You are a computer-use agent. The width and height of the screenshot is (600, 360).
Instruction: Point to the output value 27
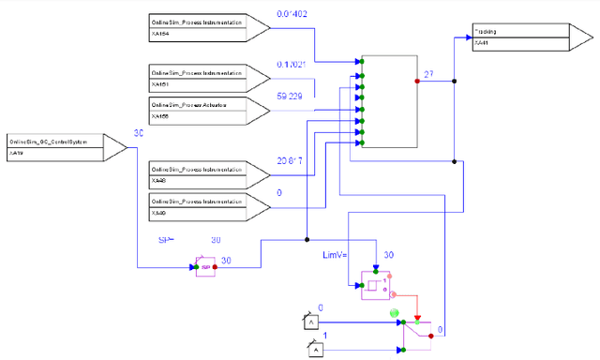pyautogui.click(x=428, y=72)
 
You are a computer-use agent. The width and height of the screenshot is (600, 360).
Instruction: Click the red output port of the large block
pyautogui.click(x=417, y=81)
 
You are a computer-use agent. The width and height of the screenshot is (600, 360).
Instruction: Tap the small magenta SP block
pyautogui.click(x=204, y=266)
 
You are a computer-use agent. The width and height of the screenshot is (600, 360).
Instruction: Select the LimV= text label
pyautogui.click(x=336, y=254)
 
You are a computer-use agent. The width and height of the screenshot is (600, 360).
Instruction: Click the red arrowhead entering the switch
pyautogui.click(x=418, y=320)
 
